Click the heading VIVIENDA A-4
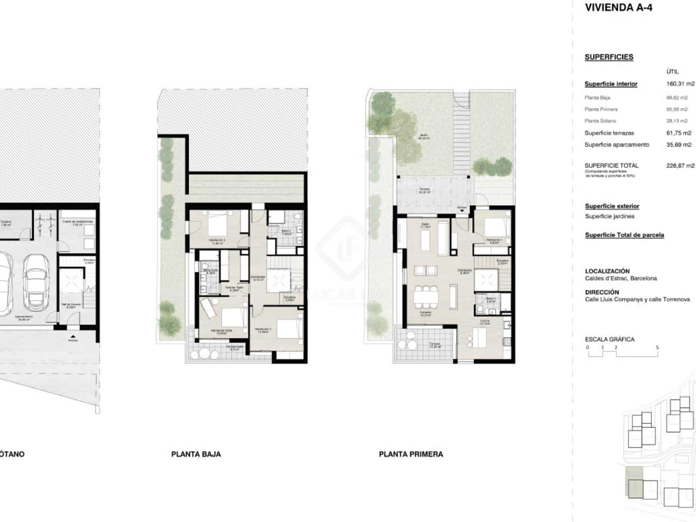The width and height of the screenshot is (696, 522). point(618,8)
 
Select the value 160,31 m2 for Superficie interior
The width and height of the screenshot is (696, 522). point(680,84)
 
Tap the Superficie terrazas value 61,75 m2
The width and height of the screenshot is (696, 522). point(679,133)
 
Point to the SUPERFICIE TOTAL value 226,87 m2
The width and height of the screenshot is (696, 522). point(680,165)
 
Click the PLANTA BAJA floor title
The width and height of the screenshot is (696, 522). point(196,454)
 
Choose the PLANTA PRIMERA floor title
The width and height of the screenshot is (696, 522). point(411,454)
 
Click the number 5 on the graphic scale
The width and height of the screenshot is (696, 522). point(657,348)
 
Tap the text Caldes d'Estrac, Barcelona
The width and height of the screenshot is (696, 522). point(621,278)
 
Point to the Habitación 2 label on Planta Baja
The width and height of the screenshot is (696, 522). point(217,240)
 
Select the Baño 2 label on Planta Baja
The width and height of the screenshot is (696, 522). point(286,231)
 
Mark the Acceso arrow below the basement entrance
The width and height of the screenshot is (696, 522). point(73,336)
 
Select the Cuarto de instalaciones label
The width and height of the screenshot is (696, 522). point(77,222)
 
